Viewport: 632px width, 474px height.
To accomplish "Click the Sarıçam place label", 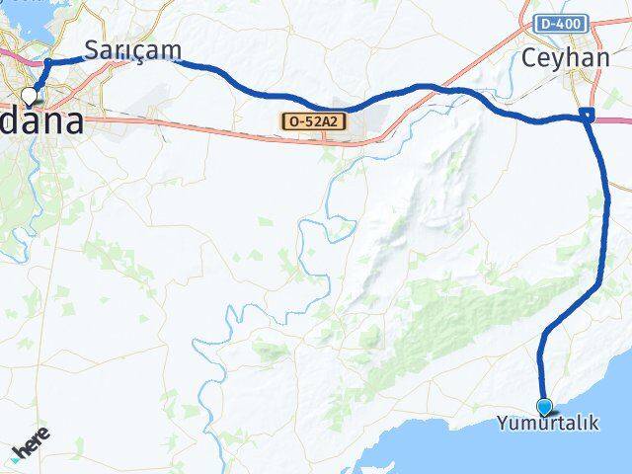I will tap(131, 49).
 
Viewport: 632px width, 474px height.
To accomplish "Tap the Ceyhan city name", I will tap(567, 57).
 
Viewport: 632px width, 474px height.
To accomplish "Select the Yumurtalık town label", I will tap(546, 424).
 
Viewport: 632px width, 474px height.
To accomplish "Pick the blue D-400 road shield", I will tap(563, 23).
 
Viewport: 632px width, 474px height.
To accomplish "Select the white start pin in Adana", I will tap(29, 96).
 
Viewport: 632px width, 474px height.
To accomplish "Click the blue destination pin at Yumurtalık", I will tap(544, 405).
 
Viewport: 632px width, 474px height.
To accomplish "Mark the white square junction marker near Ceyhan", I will tap(588, 116).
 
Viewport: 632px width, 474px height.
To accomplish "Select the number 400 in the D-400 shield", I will tap(570, 23).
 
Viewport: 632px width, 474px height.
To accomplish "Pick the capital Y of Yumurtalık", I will tap(502, 424).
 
